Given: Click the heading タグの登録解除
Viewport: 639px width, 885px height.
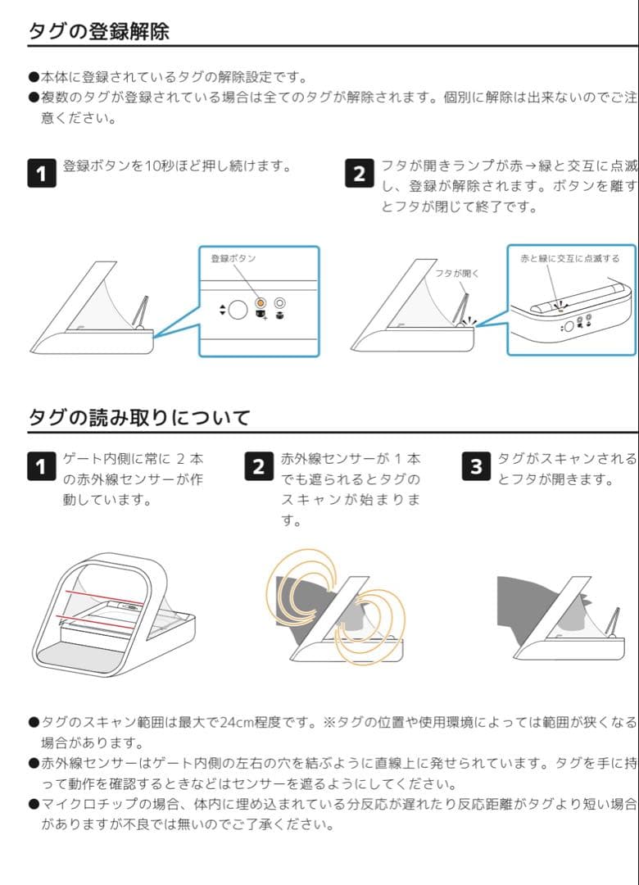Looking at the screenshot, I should [x=98, y=31].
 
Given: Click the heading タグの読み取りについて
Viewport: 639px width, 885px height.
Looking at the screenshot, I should [x=138, y=418].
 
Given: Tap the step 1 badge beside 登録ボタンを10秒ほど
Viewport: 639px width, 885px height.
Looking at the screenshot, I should [x=42, y=174].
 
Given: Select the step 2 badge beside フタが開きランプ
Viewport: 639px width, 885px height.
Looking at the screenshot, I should [x=360, y=174].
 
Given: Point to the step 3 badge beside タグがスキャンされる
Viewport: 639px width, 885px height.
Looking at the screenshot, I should [x=476, y=467].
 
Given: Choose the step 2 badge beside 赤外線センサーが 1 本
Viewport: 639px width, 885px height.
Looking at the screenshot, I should [x=258, y=467].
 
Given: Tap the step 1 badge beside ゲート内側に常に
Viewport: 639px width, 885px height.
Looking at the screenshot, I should [x=42, y=467].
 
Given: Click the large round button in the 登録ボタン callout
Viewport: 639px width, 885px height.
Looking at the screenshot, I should [x=238, y=310].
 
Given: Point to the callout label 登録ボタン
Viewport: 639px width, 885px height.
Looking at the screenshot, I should [x=233, y=258].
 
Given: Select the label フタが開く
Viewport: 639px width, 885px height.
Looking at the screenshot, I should [x=456, y=273].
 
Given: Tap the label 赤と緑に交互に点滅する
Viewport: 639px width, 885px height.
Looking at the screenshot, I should [x=569, y=258].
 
